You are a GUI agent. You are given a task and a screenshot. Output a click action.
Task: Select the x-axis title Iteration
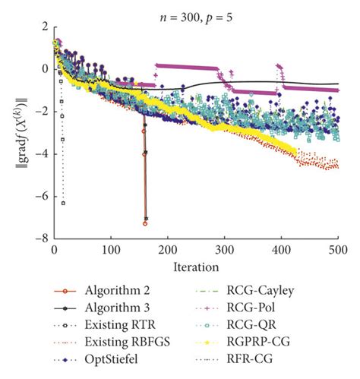pos(196,267)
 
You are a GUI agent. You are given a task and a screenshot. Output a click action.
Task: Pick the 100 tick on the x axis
pos(111,250)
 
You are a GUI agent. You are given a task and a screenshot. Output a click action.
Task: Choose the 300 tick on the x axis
pos(224,250)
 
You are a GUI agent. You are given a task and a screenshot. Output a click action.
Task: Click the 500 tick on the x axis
pos(337,250)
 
